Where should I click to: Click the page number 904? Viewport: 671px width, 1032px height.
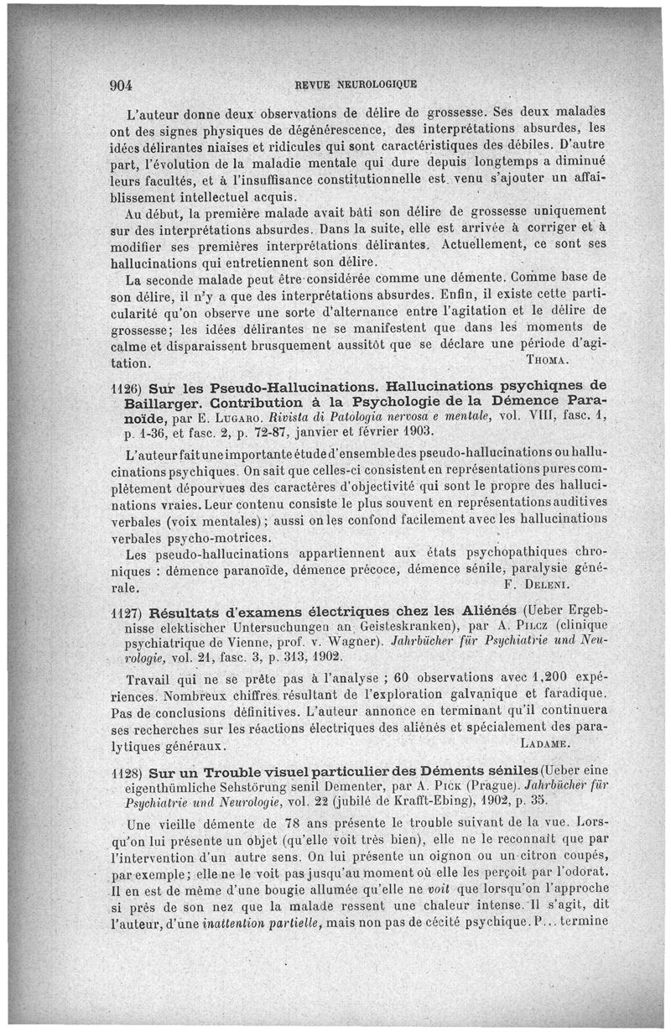point(123,85)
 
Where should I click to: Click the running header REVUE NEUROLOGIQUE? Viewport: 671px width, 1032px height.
point(356,85)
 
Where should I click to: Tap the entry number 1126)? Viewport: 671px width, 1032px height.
point(126,388)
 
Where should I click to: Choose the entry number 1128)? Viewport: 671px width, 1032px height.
point(127,771)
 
